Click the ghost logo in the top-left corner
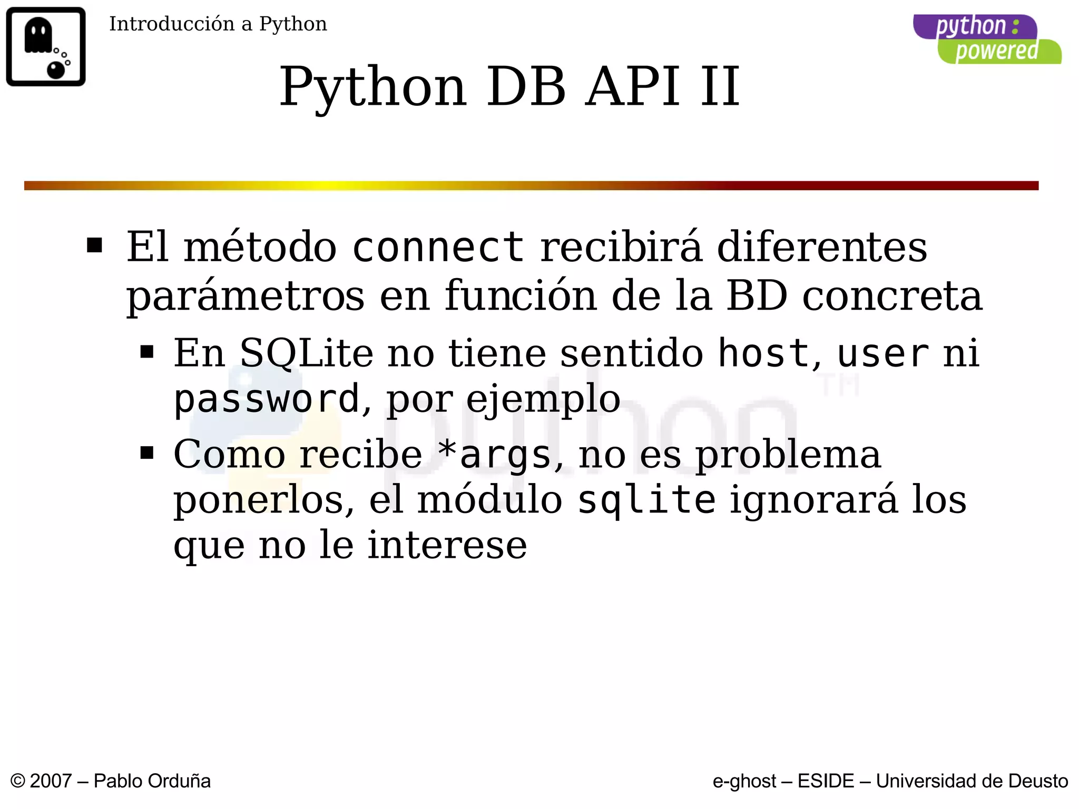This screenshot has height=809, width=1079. pos(46,46)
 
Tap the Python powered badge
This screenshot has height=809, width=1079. pos(986,39)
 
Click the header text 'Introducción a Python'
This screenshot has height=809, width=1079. pos(218,24)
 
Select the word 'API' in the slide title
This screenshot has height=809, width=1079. pos(633,86)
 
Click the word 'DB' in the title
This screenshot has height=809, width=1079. pos(525,86)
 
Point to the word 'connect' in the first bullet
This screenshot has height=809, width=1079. pos(437,247)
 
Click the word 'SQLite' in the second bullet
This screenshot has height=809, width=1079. pos(306,353)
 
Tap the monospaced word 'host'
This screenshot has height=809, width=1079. pos(763,353)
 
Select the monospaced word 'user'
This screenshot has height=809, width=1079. pos(882,353)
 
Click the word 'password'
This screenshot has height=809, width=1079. pos(267,399)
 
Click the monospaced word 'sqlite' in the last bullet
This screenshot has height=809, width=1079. pos(646,500)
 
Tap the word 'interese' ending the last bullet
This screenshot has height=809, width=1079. pos(447,545)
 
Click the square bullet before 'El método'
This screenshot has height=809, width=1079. pos(95,245)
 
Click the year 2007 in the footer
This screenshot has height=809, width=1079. pos(51,781)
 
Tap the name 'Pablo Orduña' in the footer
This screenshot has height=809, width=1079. pos(152,781)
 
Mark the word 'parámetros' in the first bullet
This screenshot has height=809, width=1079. pos(245,297)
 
